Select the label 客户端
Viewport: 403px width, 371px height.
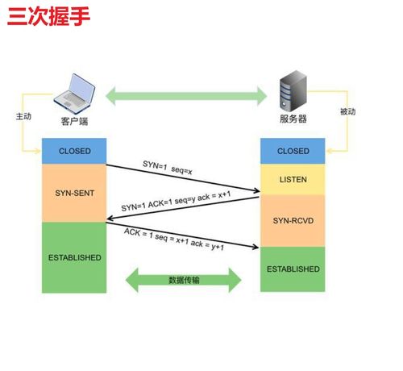(x=76, y=122)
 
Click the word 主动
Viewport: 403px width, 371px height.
(x=23, y=116)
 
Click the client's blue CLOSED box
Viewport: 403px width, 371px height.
(x=75, y=151)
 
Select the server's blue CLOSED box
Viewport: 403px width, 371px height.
(x=293, y=151)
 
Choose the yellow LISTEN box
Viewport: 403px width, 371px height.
(x=293, y=180)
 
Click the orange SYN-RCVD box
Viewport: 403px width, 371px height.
(x=293, y=220)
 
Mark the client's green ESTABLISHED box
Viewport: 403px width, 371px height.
(x=75, y=257)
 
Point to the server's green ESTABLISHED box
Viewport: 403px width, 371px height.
(x=293, y=269)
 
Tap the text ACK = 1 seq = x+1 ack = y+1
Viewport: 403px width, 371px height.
(x=174, y=238)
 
